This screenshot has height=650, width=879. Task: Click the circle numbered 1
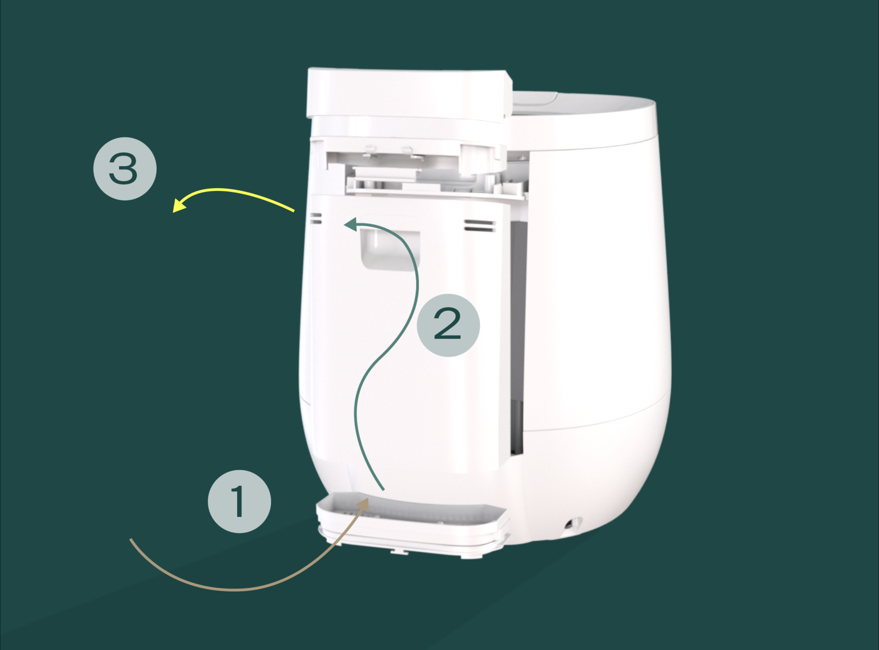point(239,501)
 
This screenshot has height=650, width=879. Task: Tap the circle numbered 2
point(448,325)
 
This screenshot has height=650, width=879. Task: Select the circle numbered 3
point(125,169)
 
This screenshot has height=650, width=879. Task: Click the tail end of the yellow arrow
point(294,211)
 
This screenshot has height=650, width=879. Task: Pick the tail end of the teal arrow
point(384,490)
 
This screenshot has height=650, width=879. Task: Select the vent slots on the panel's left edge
point(316,218)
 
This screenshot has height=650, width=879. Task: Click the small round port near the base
point(570,524)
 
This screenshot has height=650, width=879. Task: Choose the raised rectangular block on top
point(409,94)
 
